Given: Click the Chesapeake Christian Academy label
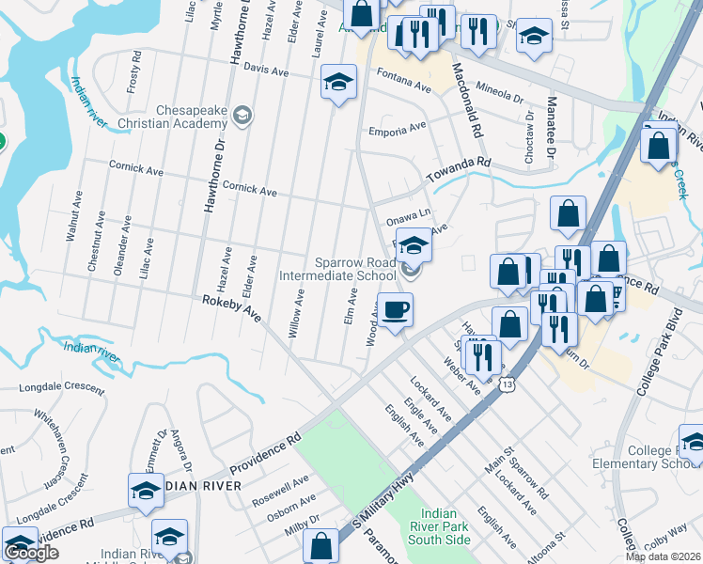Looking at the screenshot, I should tap(172, 117).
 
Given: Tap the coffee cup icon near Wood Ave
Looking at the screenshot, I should tap(396, 309).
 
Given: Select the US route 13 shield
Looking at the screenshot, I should tap(508, 384).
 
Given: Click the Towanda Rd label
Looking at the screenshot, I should tap(460, 169).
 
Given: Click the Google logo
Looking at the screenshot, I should tap(31, 553).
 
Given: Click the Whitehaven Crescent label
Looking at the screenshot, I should tap(53, 441).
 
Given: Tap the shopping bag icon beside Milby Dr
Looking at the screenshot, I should tap(320, 545).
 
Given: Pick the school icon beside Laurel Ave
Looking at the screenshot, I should tap(338, 84).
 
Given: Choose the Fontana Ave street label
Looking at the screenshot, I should tap(403, 80).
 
